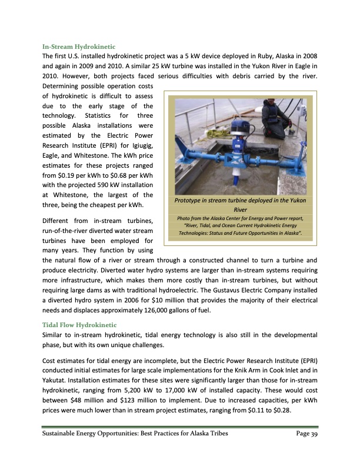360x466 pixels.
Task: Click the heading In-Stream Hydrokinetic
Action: (79, 45)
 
